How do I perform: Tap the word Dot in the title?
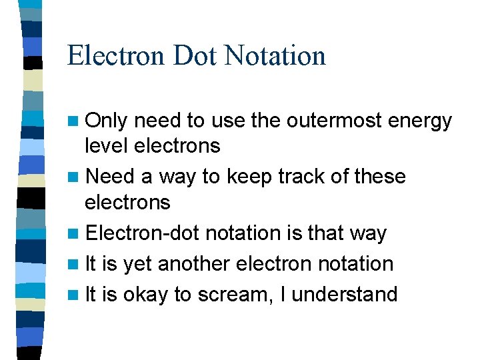pos(195,55)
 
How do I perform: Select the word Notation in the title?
pos(275,55)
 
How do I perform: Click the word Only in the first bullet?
pos(109,121)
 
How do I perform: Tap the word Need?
pos(111,177)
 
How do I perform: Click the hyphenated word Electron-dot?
pos(143,233)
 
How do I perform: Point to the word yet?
pos(137,265)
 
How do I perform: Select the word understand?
pos(345,294)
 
